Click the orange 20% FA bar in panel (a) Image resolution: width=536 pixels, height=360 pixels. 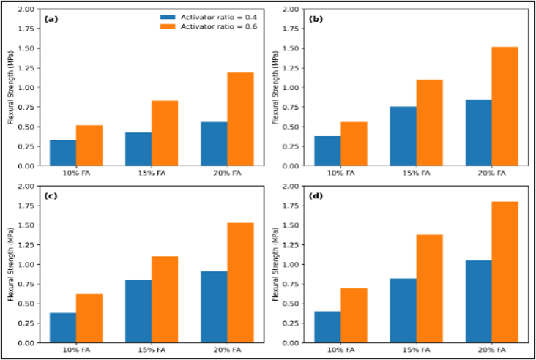point(240,119)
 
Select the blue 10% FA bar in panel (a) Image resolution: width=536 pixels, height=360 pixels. point(63,153)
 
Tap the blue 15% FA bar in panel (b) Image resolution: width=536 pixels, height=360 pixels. point(403,136)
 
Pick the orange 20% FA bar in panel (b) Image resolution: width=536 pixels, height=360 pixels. point(505,107)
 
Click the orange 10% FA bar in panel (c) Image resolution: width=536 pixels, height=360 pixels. point(89,318)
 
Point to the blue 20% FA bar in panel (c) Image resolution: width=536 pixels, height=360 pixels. point(214,307)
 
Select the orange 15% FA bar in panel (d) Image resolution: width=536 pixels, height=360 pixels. point(430,288)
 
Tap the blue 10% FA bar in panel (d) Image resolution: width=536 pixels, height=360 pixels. point(327,327)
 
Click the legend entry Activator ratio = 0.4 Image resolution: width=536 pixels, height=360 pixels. point(209,18)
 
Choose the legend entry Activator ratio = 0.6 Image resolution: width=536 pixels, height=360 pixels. point(209,26)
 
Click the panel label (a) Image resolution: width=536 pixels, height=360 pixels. point(51,19)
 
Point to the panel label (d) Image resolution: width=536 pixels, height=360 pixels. point(316,196)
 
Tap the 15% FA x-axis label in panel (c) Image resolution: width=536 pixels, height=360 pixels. point(152,350)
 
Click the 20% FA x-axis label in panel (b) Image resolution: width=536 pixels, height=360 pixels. point(492,173)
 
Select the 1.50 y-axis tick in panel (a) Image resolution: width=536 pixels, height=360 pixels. point(28,48)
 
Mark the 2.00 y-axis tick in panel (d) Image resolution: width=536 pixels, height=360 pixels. point(292,186)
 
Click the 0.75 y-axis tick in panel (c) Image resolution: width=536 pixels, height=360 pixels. point(28,284)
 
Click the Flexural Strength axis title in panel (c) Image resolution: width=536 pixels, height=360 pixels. point(10,265)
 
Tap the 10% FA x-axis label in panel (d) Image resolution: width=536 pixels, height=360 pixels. point(340,350)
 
